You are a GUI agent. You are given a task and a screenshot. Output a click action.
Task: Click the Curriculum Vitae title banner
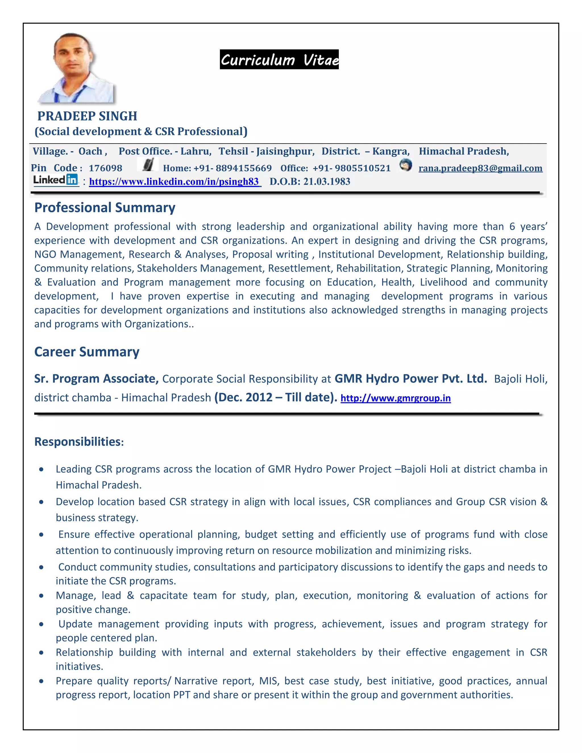click(x=279, y=60)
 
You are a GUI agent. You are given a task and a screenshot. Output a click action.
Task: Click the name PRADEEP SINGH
click(x=87, y=116)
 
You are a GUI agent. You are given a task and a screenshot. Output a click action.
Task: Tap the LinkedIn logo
click(x=55, y=180)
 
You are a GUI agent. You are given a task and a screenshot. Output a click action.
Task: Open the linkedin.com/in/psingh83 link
click(x=174, y=182)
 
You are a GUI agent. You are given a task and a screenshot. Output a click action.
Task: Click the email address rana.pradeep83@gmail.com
click(x=480, y=168)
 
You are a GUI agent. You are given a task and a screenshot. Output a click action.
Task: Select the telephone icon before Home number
click(x=148, y=165)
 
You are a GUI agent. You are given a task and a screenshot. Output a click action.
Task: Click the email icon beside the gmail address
click(x=406, y=165)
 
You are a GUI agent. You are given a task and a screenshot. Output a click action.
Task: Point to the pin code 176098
click(x=105, y=168)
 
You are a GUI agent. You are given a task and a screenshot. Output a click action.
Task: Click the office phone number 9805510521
click(x=362, y=168)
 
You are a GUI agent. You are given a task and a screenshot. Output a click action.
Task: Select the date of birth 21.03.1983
click(x=327, y=182)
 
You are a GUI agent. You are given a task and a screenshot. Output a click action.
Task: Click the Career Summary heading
click(x=87, y=352)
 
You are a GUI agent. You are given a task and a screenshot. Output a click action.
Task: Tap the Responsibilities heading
click(x=79, y=442)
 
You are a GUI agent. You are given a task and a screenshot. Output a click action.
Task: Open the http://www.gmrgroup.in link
click(x=396, y=398)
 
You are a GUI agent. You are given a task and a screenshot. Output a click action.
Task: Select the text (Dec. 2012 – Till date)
click(x=275, y=398)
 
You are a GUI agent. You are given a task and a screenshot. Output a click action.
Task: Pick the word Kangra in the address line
click(x=391, y=151)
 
